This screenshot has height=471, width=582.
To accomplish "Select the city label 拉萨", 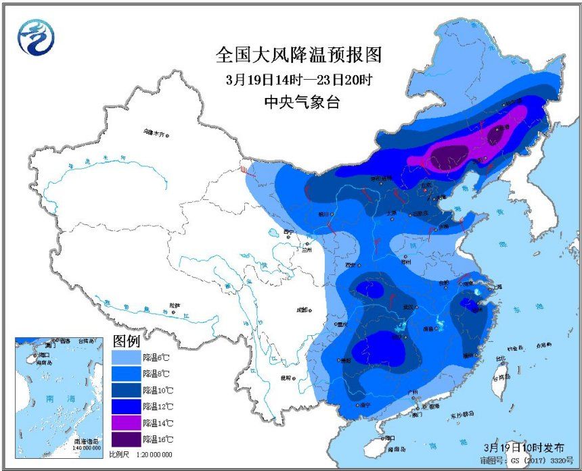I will (x=175, y=305).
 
